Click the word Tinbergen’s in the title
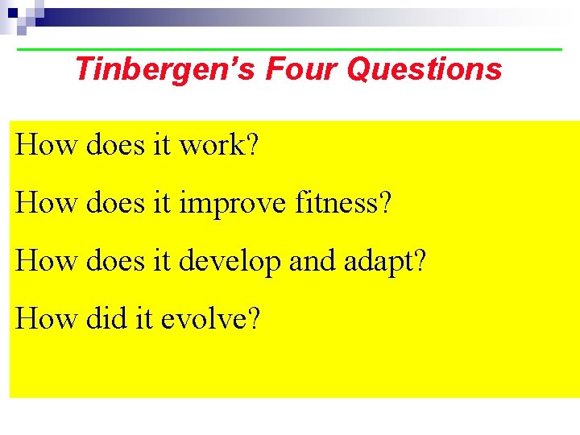coord(164,69)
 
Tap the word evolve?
coord(211,319)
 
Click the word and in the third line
coord(313,261)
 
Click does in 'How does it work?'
coord(114,145)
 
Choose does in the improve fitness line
coord(114,203)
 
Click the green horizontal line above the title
coord(290,50)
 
